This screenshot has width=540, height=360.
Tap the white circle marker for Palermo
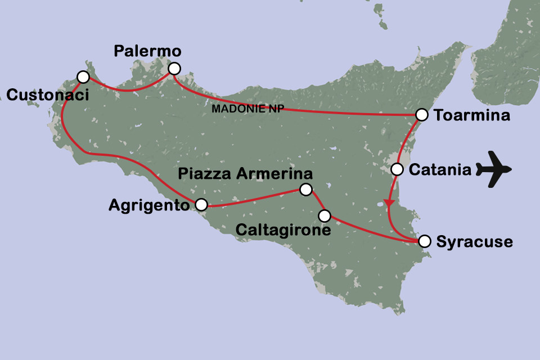tap(174, 69)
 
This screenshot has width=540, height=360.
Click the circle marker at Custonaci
tap(83, 76)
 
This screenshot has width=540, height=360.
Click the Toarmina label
tap(472, 116)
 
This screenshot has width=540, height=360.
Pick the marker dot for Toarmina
tap(421, 115)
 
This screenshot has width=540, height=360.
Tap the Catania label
tap(440, 169)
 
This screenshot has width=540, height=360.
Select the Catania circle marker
tap(397, 169)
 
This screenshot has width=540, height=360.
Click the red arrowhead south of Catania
tap(388, 202)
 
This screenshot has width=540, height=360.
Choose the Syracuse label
tap(475, 242)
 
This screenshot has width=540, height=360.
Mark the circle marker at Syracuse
tap(425, 241)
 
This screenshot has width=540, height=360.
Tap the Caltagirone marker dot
tap(325, 215)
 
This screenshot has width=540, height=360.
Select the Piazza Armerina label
tap(245, 173)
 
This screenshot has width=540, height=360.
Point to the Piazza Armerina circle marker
tap(305, 190)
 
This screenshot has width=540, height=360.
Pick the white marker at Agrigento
tap(201, 204)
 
